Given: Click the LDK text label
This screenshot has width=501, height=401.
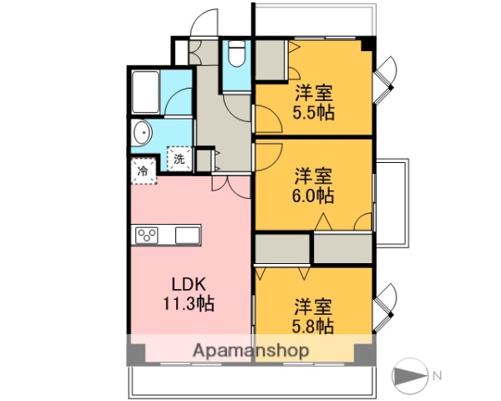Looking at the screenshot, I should pyautogui.click(x=189, y=283).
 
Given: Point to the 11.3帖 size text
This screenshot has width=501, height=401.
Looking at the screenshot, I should pyautogui.click(x=189, y=304).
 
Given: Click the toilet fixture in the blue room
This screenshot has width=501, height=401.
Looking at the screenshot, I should pyautogui.click(x=237, y=55).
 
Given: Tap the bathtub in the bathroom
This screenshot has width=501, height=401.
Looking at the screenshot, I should pyautogui.click(x=147, y=91).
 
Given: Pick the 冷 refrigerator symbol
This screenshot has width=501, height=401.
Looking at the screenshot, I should pyautogui.click(x=143, y=170).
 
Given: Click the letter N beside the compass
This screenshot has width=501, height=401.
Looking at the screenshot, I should pyautogui.click(x=437, y=374).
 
